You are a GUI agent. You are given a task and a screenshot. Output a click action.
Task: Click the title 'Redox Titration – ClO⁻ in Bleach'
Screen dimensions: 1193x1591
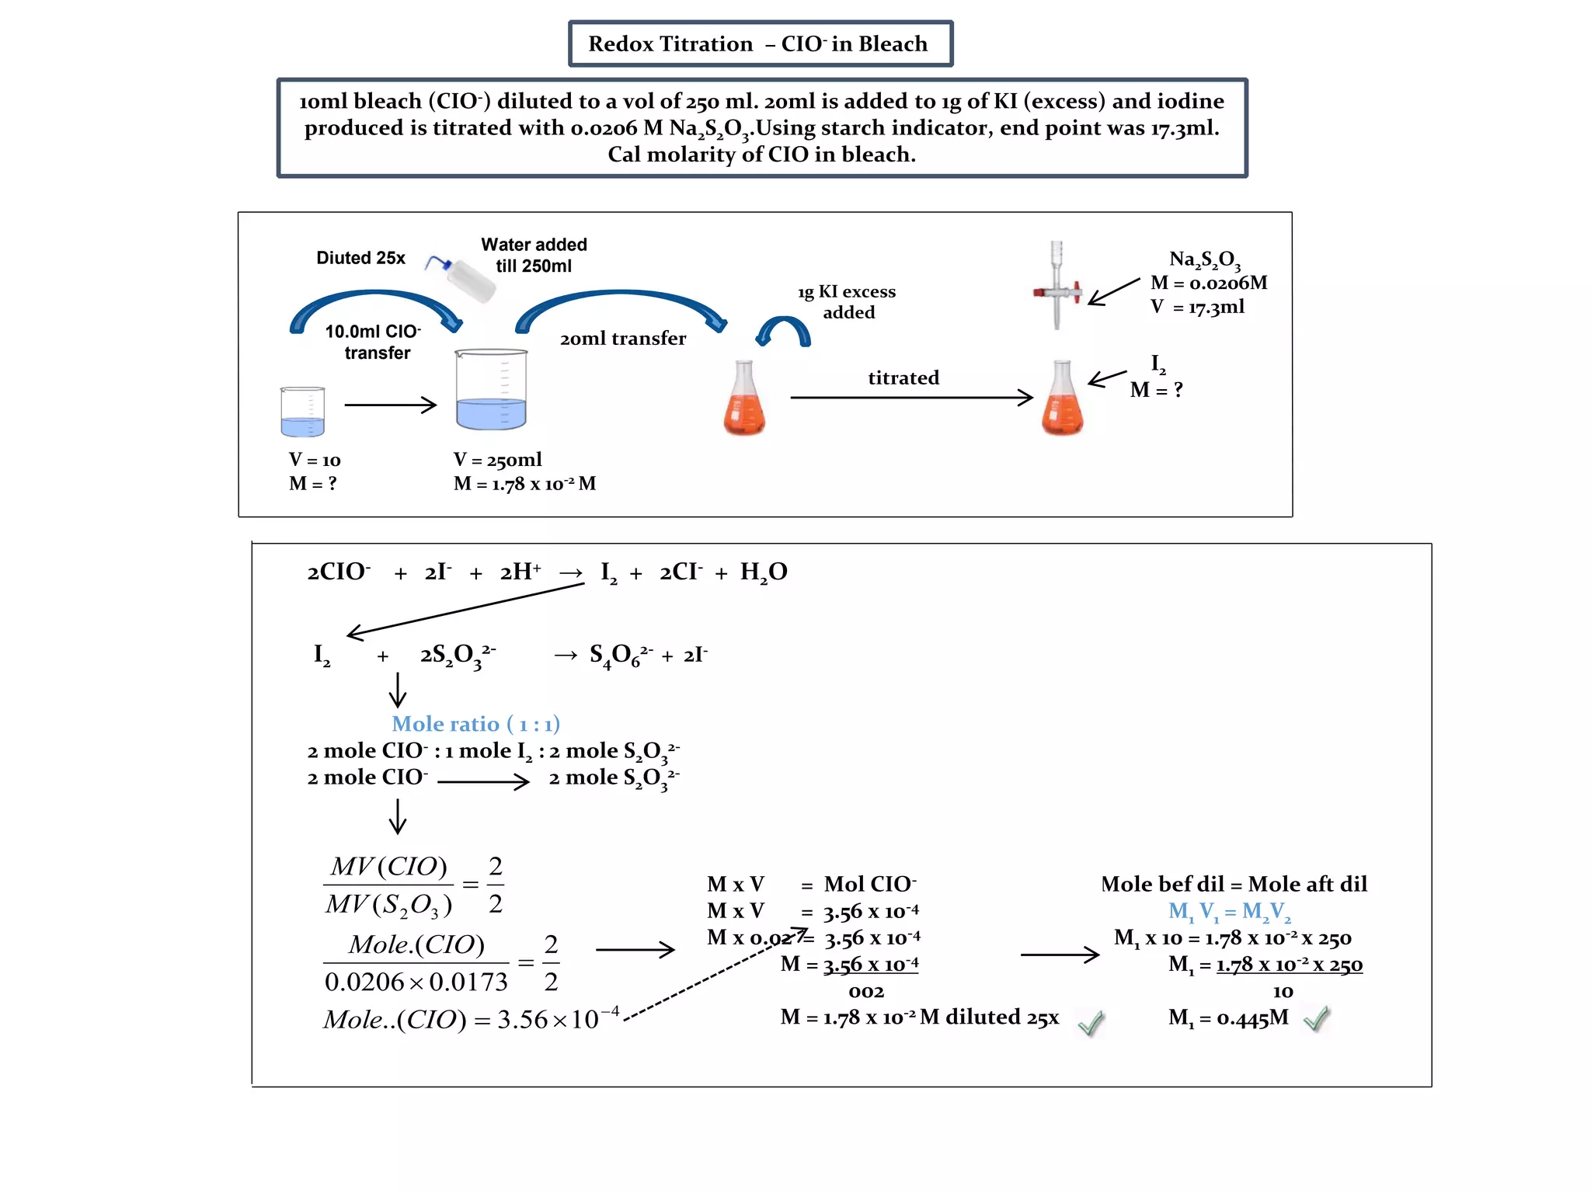click(x=759, y=43)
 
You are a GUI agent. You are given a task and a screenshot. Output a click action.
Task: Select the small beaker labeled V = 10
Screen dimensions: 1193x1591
click(x=302, y=412)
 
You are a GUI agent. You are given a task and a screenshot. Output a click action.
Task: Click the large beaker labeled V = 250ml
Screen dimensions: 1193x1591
click(x=491, y=390)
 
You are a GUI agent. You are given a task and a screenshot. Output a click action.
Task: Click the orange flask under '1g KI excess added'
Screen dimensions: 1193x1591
click(x=744, y=399)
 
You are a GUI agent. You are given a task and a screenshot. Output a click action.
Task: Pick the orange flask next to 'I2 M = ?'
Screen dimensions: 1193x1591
click(x=1062, y=399)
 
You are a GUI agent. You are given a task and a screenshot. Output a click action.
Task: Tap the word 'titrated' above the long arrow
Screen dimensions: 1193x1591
click(x=903, y=378)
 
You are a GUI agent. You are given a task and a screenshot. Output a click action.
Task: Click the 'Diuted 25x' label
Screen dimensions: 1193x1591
click(x=360, y=258)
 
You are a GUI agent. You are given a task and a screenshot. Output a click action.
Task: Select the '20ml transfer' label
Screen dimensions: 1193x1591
click(x=623, y=339)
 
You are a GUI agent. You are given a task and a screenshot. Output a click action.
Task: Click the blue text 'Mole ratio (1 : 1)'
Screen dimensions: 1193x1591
click(x=475, y=724)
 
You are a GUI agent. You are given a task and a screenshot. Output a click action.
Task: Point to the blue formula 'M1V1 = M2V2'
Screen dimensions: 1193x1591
click(x=1229, y=911)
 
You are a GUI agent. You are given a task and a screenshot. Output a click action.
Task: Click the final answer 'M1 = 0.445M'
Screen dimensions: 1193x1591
click(x=1227, y=1017)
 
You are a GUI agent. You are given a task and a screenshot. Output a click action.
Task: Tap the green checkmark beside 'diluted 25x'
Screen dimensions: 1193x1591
click(x=1091, y=1023)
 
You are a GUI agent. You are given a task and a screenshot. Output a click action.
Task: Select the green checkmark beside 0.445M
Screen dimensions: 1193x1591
click(x=1316, y=1018)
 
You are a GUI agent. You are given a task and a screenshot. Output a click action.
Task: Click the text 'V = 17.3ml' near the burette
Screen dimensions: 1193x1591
click(x=1197, y=308)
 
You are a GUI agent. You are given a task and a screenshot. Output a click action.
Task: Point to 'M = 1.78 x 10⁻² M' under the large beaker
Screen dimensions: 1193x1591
click(x=524, y=484)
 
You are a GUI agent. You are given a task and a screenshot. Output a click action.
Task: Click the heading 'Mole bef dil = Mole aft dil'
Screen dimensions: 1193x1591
click(x=1234, y=884)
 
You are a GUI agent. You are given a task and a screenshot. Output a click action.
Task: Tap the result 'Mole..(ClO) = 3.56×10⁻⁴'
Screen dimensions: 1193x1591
click(x=471, y=1019)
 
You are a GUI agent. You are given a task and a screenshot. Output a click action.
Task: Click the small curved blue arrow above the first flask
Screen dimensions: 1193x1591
click(x=784, y=331)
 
